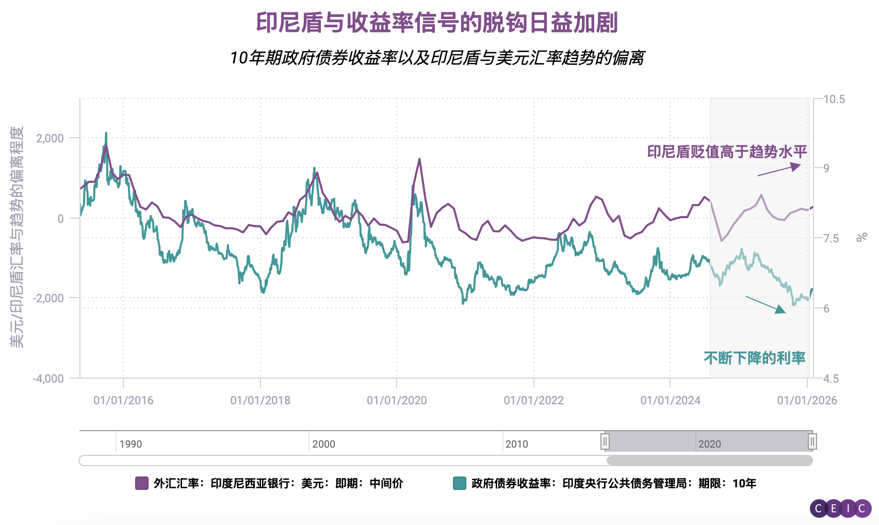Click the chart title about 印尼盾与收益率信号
(x=437, y=23)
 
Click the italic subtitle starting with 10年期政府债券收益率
(x=437, y=58)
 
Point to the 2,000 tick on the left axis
(x=50, y=138)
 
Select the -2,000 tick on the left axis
(x=48, y=298)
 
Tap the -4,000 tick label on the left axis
(x=48, y=379)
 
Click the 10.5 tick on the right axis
(x=834, y=100)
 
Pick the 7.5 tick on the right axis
(x=831, y=238)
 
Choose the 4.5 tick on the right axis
(x=831, y=379)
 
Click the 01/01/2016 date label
(x=123, y=400)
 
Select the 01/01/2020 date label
(x=397, y=400)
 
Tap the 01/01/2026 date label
(x=807, y=400)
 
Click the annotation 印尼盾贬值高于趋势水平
(x=727, y=152)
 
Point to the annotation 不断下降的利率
(x=754, y=358)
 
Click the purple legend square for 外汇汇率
(x=141, y=483)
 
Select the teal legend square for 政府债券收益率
(x=459, y=483)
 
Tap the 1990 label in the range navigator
(x=131, y=444)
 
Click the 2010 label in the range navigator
(x=516, y=444)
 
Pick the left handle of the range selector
(x=605, y=441)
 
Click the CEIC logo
(x=840, y=508)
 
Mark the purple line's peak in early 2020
(x=419, y=159)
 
